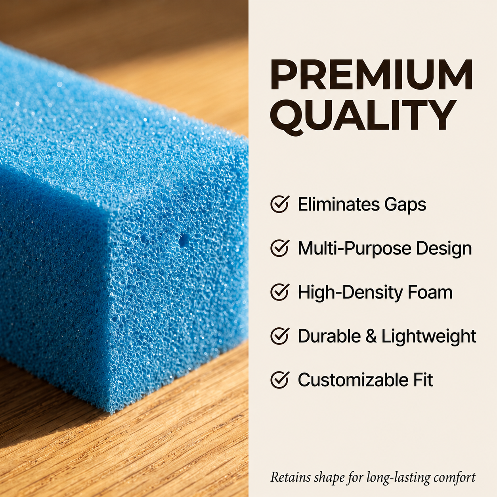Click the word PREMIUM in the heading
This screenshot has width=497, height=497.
pos(371,74)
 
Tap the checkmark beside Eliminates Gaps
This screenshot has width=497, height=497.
pos(280,204)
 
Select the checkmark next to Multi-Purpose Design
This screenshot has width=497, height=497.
pos(280,248)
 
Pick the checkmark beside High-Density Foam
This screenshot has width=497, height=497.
pos(280,292)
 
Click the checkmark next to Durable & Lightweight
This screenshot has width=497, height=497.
pos(280,336)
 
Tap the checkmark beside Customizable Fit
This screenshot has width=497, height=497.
pos(280,380)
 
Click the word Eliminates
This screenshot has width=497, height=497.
pos(339,204)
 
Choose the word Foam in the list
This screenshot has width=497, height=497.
pos(426,292)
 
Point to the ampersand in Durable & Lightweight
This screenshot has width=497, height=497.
pos(371,336)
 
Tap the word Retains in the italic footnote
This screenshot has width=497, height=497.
pos(291,477)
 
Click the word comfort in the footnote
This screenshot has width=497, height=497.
pos(454,478)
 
